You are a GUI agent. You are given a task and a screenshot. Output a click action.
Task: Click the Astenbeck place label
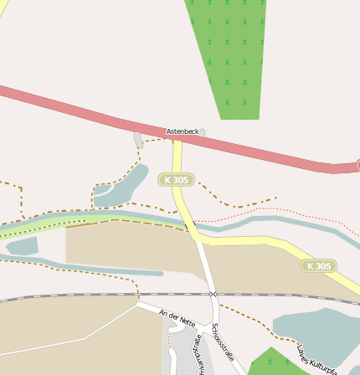point(183,131)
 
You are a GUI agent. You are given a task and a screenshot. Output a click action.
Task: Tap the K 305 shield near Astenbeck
point(177,180)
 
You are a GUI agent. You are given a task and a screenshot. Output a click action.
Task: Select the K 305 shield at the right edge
point(319,266)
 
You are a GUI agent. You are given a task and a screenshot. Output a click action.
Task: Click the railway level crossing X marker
point(213,294)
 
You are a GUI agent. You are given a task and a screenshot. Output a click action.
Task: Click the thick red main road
point(84,110)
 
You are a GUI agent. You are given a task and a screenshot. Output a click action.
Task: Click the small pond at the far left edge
point(20,246)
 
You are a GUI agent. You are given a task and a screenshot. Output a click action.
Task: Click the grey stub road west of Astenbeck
point(138,140)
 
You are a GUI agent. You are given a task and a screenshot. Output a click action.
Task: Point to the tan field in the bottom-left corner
point(50,326)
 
